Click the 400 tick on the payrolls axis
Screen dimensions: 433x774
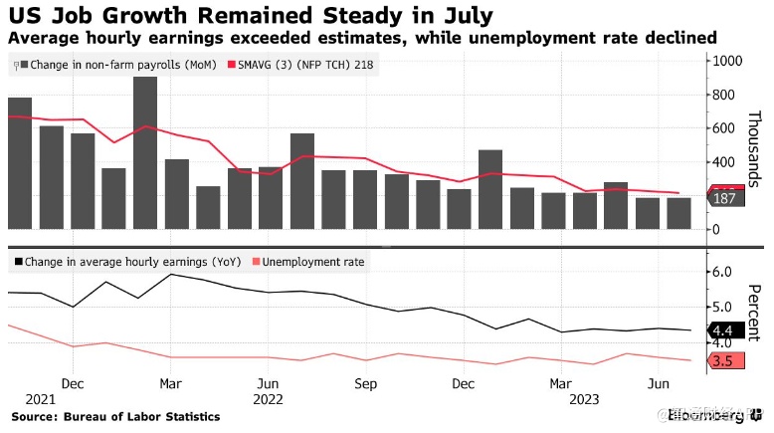pos(720,161)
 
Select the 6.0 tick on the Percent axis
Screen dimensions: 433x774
pos(719,272)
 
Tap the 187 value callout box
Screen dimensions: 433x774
pos(724,199)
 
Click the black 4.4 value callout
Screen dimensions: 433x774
pos(723,331)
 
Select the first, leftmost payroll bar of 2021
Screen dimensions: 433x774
pos(19,164)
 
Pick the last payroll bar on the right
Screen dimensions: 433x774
pos(678,213)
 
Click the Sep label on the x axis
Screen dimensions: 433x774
pos(364,382)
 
